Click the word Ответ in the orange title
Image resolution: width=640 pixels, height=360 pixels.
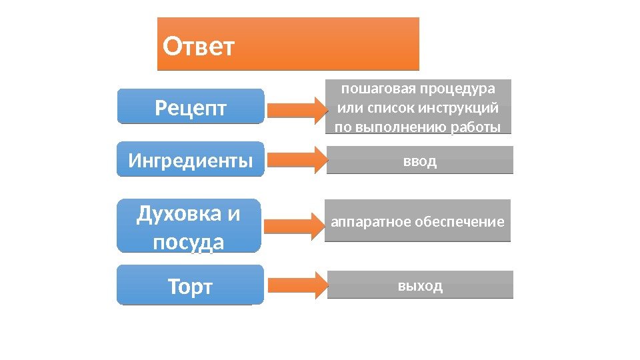pyautogui.click(x=199, y=47)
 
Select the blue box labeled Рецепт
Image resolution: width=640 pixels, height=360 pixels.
pyautogui.click(x=191, y=107)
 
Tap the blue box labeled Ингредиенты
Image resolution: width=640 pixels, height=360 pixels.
pyautogui.click(x=191, y=161)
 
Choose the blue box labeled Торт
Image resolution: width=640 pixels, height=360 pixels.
pyautogui.click(x=191, y=287)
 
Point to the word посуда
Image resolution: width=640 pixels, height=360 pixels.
pyautogui.click(x=189, y=242)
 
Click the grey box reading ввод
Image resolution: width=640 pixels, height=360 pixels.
pyautogui.click(x=420, y=161)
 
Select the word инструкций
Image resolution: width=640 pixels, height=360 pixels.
pyautogui.click(x=461, y=108)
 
